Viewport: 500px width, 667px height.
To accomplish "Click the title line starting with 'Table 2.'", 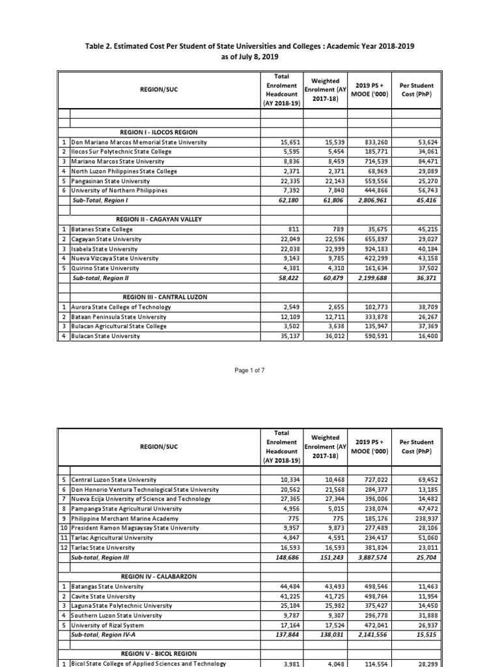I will [250, 47].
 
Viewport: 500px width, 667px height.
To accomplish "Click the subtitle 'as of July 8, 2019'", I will [250, 57].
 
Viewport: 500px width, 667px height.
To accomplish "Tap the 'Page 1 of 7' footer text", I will [249, 370].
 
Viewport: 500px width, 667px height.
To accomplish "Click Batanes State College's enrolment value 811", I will [290, 229].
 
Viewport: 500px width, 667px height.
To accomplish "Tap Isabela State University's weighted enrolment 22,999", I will [329, 249].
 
